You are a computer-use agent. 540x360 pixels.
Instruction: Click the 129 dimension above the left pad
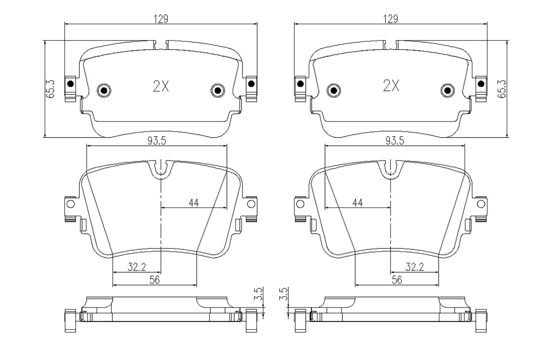point(161,19)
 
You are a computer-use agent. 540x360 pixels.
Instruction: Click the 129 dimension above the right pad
point(391,19)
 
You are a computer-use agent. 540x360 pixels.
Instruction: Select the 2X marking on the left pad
point(161,86)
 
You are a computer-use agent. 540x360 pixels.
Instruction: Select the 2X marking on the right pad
point(391,86)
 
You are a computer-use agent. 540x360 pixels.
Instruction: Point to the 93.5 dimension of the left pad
point(157,141)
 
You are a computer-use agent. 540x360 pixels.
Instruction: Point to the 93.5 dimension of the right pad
point(395,141)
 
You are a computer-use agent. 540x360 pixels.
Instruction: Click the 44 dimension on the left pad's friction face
point(194,203)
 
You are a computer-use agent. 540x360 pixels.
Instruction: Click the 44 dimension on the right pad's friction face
point(358,203)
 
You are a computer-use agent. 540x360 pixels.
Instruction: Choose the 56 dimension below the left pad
point(154,280)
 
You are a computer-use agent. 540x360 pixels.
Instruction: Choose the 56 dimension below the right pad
point(397,280)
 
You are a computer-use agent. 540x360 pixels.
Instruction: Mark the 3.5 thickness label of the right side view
point(283,294)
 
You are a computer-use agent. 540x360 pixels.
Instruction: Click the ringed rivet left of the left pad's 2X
point(104,91)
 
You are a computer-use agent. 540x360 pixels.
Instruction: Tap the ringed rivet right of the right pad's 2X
point(448,91)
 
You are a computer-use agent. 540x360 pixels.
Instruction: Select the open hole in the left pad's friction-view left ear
point(70,204)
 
